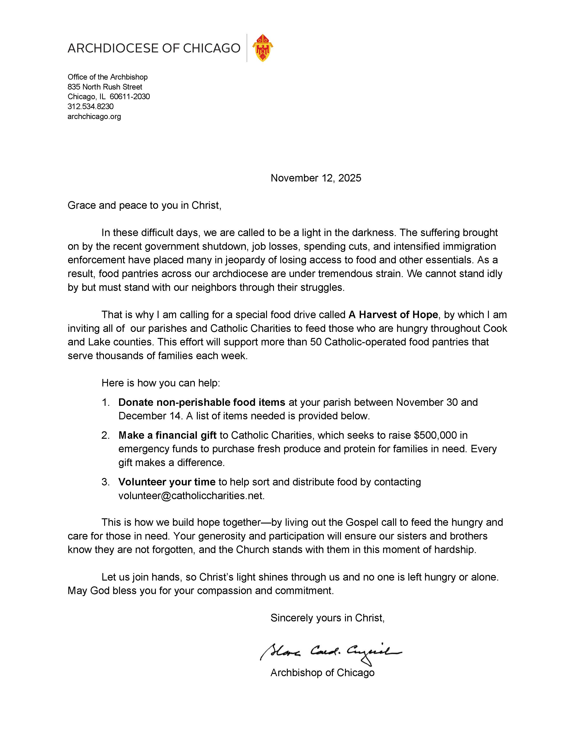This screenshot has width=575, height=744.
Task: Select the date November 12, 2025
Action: [316, 178]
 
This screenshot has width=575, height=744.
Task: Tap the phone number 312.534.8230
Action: [91, 107]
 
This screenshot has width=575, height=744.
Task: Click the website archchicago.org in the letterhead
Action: [94, 117]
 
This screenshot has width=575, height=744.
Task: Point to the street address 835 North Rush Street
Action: [105, 87]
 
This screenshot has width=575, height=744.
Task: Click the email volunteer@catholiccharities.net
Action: [191, 496]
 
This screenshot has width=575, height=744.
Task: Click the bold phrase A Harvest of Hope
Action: [393, 315]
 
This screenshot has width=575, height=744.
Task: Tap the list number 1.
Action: [106, 403]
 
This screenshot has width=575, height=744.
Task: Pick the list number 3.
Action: [106, 482]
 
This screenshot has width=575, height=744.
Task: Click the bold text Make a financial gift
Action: [168, 435]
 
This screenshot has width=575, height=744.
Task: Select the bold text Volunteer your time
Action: [167, 482]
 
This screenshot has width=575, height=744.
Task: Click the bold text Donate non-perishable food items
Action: [202, 403]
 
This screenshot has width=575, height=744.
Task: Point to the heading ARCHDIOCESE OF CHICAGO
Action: [154, 48]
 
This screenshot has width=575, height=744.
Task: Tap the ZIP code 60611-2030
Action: [130, 97]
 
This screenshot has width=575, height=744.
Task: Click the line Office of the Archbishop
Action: [108, 77]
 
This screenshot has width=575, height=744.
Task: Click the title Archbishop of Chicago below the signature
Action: [322, 673]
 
